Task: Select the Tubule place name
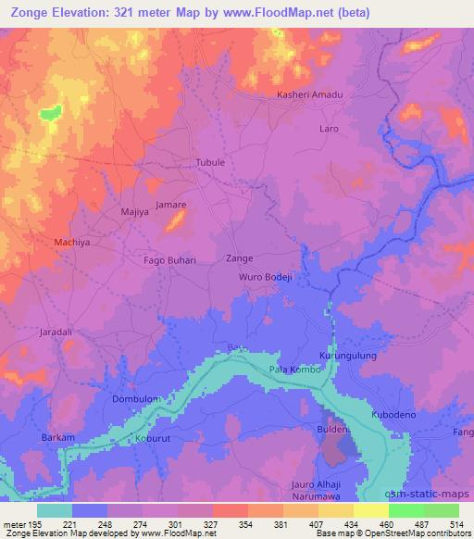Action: pyautogui.click(x=210, y=162)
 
